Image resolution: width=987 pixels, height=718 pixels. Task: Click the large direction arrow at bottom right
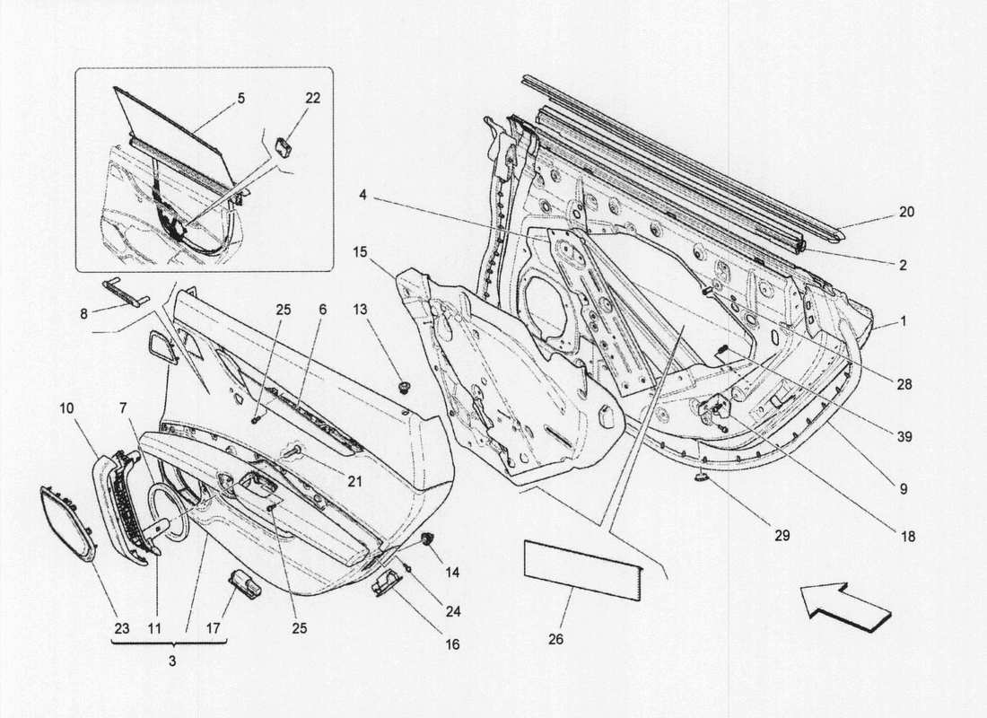(843, 606)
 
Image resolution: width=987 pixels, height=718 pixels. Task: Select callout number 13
(359, 310)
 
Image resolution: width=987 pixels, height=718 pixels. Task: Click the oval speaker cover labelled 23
(66, 521)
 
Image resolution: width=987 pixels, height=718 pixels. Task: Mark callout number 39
(904, 437)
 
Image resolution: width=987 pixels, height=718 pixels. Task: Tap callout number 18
(907, 537)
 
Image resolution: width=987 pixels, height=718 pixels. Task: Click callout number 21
(354, 482)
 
